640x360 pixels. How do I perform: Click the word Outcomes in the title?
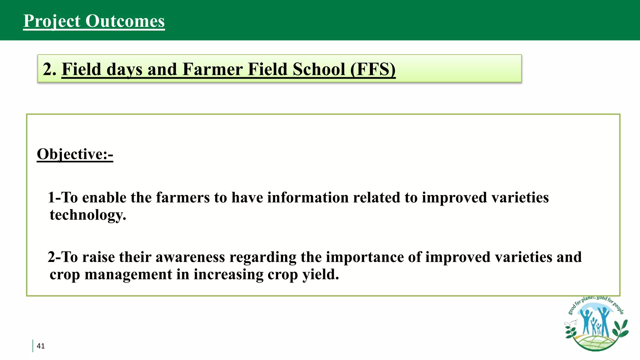pyautogui.click(x=125, y=21)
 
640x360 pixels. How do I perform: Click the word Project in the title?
pyautogui.click(x=52, y=21)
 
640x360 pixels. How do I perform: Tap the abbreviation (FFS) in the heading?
pyautogui.click(x=373, y=69)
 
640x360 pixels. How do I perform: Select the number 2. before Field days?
pyautogui.click(x=49, y=69)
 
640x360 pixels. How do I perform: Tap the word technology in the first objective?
pyautogui.click(x=88, y=215)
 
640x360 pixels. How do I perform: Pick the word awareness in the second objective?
pyautogui.click(x=190, y=257)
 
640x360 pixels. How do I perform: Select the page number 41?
pyautogui.click(x=41, y=346)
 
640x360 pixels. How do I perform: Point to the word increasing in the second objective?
pyautogui.click(x=228, y=274)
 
